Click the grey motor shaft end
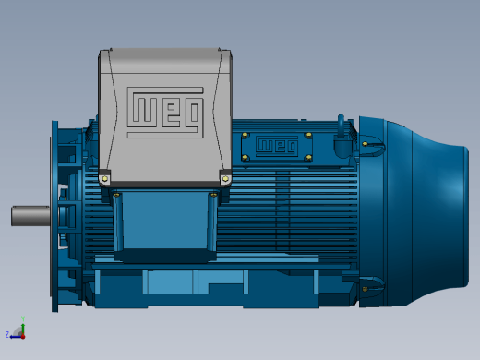[30, 216]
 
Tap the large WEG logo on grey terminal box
[165, 113]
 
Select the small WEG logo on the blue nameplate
[277, 146]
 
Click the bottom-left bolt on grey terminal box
[104, 179]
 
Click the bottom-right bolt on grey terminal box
[225, 179]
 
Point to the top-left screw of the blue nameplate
[245, 135]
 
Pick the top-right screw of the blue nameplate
[309, 135]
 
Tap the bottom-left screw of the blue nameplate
[245, 158]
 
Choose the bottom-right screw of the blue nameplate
[308, 158]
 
